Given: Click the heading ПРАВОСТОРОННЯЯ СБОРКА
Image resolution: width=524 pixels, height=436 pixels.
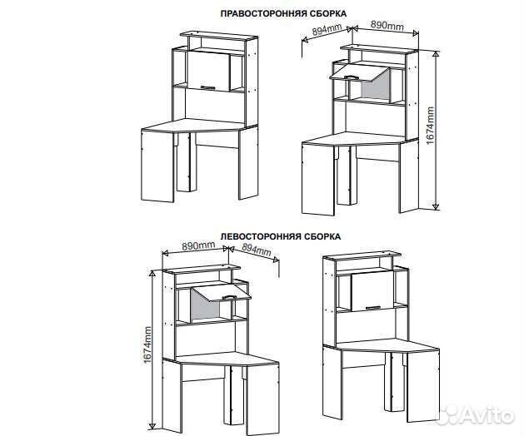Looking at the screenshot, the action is tap(283, 13).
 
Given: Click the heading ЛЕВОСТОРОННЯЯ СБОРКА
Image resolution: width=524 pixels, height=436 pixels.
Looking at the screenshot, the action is tap(281, 236).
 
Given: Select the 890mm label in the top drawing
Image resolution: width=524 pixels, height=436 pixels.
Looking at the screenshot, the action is tap(387, 25).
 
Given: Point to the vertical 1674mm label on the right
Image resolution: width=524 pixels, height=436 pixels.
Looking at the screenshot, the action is tap(430, 126).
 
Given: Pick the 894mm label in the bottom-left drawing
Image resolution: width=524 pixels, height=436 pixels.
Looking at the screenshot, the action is tap(257, 249).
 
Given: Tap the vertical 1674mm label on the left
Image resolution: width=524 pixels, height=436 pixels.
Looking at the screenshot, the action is tap(147, 344).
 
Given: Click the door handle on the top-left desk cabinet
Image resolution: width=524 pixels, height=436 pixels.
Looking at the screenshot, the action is tap(208, 87).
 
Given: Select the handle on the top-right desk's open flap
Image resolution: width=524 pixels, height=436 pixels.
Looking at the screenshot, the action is tap(350, 77).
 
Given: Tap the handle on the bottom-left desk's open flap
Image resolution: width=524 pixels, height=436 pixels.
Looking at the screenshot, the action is tap(230, 297).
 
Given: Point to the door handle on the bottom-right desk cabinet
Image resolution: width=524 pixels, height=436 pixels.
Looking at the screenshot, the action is tap(373, 308).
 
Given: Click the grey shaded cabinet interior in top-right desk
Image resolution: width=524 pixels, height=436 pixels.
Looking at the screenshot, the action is tap(376, 87).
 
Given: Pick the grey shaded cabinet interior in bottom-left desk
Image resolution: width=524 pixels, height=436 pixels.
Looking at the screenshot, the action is tap(204, 305).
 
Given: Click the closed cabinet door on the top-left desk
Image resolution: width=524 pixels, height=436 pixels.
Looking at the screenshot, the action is tap(208, 71).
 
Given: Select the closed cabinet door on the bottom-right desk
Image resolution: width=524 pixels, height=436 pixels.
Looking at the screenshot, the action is tap(372, 291).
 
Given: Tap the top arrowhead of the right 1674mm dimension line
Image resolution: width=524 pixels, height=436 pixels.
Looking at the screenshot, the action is tap(436, 54).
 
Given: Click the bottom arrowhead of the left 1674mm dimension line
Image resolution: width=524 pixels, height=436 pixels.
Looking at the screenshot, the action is tap(152, 426).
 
